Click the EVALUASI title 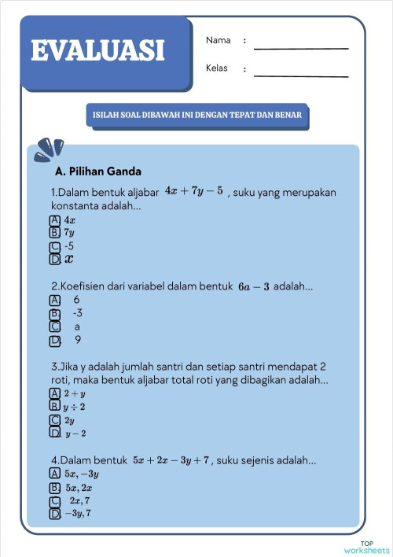pyautogui.click(x=98, y=51)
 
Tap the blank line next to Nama pyautogui.click(x=300, y=47)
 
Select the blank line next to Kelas pyautogui.click(x=300, y=76)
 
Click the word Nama pyautogui.click(x=218, y=40)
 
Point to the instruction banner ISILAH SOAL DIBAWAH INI pyautogui.click(x=197, y=116)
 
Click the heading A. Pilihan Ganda pyautogui.click(x=98, y=170)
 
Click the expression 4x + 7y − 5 pyautogui.click(x=194, y=190)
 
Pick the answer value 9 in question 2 pyautogui.click(x=78, y=341)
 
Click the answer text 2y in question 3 pyautogui.click(x=69, y=421)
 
